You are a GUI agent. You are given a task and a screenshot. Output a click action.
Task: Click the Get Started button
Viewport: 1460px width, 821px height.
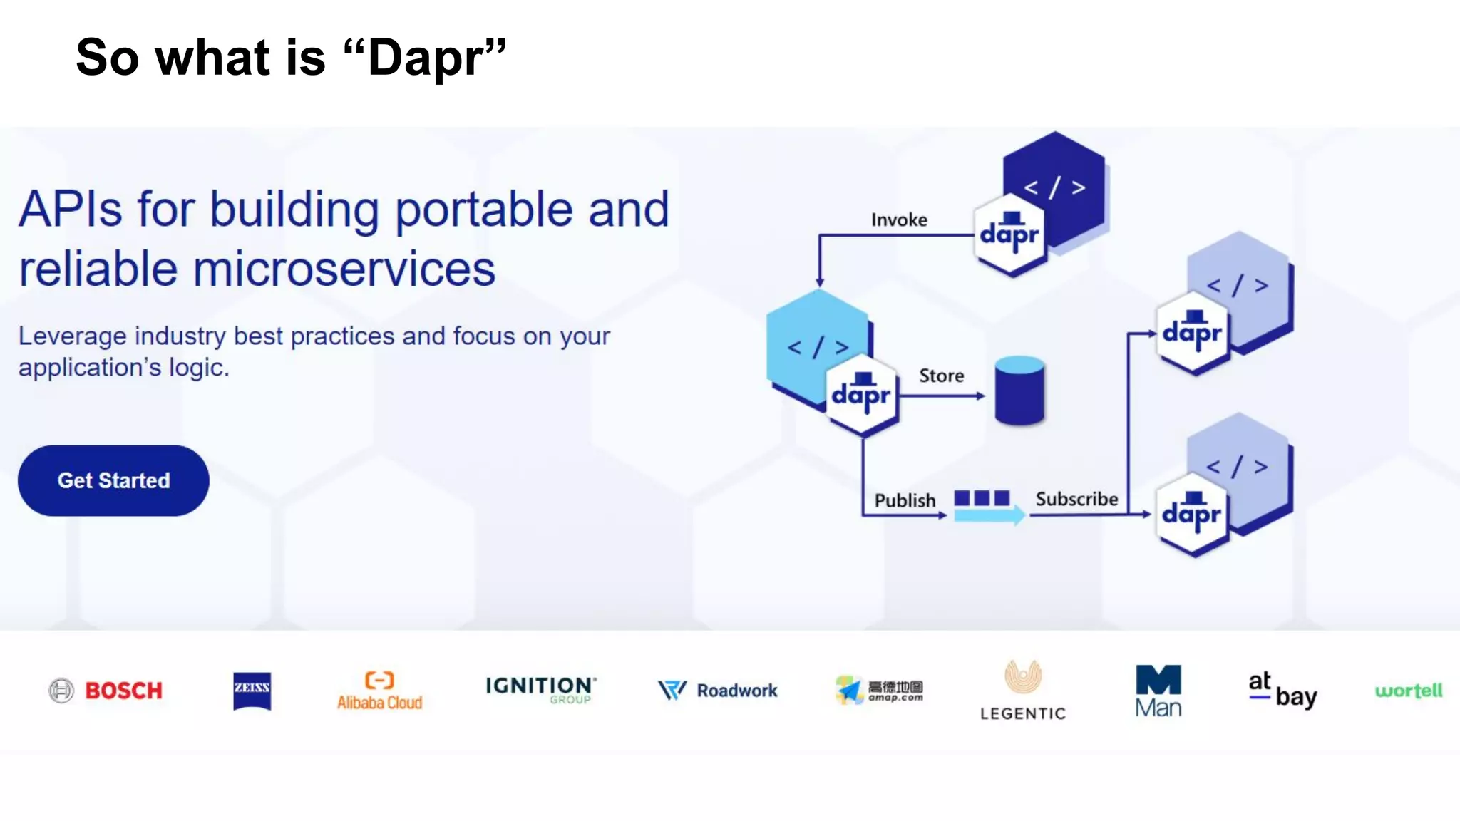pyautogui.click(x=113, y=480)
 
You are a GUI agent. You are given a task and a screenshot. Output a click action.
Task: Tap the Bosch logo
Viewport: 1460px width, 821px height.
pyautogui.click(x=106, y=690)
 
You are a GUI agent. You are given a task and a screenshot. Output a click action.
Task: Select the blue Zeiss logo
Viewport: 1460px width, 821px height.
pyautogui.click(x=252, y=691)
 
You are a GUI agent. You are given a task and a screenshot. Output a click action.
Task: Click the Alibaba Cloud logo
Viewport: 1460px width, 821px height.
pyautogui.click(x=379, y=691)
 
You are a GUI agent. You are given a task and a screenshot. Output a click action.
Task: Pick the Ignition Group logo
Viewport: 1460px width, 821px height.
pyautogui.click(x=540, y=689)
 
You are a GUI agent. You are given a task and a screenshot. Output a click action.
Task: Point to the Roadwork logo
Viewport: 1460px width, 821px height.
pyautogui.click(x=717, y=690)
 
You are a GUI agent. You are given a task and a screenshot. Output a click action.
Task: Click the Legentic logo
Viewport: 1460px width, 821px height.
pyautogui.click(x=1022, y=690)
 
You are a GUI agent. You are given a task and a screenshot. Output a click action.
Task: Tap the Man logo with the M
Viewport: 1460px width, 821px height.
pyautogui.click(x=1158, y=690)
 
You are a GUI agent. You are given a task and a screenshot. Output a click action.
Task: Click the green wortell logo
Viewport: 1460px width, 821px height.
pyautogui.click(x=1408, y=690)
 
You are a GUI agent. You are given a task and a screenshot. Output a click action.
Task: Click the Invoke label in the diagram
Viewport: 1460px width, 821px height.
pyautogui.click(x=899, y=220)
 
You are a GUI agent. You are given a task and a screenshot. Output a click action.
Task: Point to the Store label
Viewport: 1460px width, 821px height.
pyautogui.click(x=941, y=376)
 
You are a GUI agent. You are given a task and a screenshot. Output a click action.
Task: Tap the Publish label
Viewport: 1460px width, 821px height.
pyautogui.click(x=905, y=500)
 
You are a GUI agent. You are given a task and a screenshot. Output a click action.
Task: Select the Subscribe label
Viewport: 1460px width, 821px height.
pyautogui.click(x=1076, y=499)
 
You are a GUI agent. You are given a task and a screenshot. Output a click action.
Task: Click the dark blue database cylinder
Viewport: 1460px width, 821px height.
pyautogui.click(x=1019, y=391)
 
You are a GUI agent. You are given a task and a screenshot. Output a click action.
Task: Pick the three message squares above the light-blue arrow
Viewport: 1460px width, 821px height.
pyautogui.click(x=982, y=497)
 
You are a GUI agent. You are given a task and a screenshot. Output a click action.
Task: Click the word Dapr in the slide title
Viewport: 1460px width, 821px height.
pyautogui.click(x=426, y=58)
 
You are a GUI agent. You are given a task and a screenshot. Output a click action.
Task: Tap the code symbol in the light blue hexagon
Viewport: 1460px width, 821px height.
pyautogui.click(x=817, y=347)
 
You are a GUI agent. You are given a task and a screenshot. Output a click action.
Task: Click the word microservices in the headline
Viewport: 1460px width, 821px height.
pyautogui.click(x=344, y=269)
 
